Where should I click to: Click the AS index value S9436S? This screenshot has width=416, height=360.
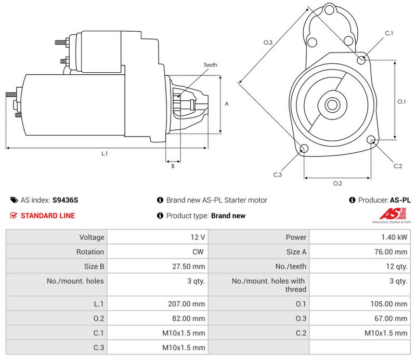66,200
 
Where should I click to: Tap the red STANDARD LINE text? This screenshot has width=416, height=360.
48,216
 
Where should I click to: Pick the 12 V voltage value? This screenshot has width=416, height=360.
198,237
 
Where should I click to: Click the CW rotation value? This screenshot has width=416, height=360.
198,252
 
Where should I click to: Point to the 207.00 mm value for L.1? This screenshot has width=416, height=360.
186,304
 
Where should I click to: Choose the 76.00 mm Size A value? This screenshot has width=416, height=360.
391,252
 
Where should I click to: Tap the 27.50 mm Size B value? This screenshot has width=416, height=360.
188,266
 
